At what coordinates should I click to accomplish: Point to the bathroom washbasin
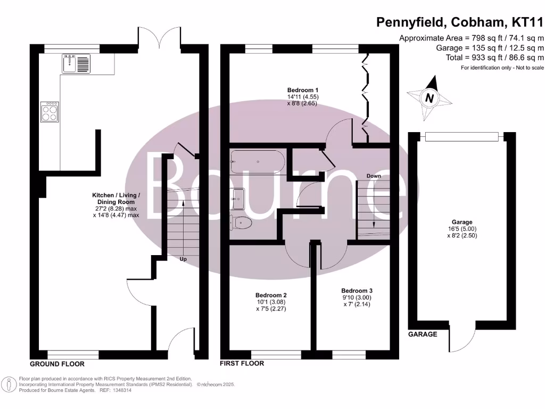pyautogui.click(x=237, y=198)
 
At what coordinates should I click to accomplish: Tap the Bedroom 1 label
pyautogui.click(x=303, y=89)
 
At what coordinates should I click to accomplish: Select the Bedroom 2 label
pyautogui.click(x=271, y=295)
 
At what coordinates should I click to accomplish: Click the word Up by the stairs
pyautogui.click(x=182, y=259)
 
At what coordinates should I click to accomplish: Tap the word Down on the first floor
pyautogui.click(x=373, y=176)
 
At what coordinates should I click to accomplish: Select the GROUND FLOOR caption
pyautogui.click(x=56, y=364)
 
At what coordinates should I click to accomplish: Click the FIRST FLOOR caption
pyautogui.click(x=242, y=364)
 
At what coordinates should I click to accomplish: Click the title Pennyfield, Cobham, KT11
pyautogui.click(x=460, y=22)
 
